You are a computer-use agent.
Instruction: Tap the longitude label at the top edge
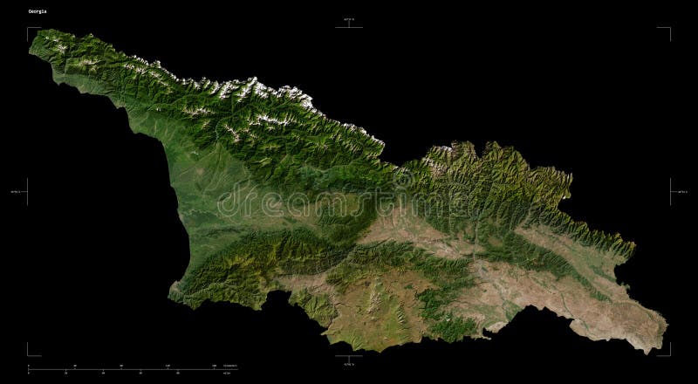pos(349,19)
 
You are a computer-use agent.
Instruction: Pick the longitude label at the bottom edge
pos(349,364)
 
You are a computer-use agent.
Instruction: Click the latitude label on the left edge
pos(15,191)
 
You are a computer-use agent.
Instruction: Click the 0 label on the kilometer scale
pos(29,366)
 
